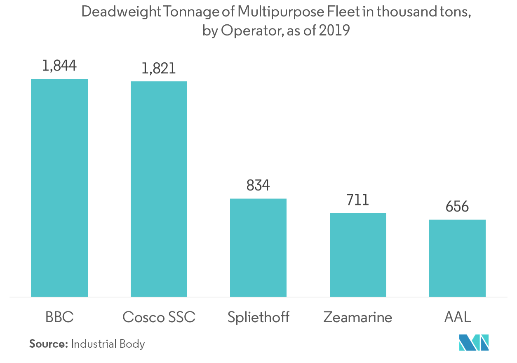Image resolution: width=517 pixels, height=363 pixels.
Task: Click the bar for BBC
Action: click(59, 188)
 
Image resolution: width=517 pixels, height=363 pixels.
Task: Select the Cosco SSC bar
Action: click(159, 189)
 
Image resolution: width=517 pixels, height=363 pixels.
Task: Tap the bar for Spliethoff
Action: click(258, 247)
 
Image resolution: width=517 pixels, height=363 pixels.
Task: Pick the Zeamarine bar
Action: click(358, 255)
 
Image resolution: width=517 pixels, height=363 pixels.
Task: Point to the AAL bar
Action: click(457, 258)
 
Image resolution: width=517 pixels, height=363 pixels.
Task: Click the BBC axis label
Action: click(59, 317)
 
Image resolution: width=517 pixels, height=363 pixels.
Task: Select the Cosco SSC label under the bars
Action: click(159, 317)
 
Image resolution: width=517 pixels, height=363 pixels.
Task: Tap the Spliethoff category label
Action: click(258, 317)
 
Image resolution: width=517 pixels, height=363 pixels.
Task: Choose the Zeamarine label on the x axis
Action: click(358, 317)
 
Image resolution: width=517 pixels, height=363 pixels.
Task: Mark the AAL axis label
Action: click(457, 317)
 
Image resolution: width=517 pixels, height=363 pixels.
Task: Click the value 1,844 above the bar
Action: click(59, 66)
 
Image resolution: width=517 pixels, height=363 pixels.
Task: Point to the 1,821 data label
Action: click(159, 68)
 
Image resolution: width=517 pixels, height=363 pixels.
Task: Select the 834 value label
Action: click(258, 186)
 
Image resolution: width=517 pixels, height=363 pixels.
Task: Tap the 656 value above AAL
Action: click(457, 206)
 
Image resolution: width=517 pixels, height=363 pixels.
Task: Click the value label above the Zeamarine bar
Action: click(357, 200)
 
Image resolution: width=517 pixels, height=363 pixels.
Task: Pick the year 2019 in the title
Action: click(334, 31)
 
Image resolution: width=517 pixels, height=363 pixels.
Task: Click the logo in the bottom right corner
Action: click(474, 342)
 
